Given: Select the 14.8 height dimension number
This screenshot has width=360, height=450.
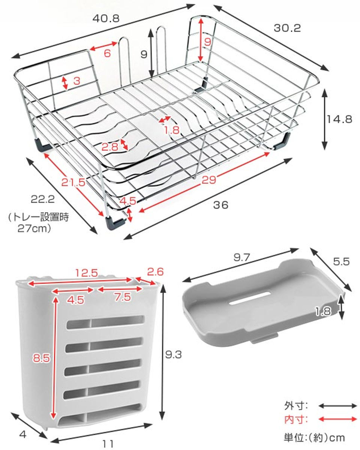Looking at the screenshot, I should (339, 119).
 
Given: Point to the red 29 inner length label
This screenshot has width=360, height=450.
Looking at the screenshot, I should (208, 180).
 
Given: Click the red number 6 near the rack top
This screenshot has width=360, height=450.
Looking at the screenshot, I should (107, 53).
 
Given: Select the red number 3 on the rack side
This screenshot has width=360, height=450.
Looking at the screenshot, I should (76, 81).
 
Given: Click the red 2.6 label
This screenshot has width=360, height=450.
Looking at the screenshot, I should (154, 271).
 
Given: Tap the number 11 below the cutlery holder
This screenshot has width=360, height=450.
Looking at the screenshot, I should (108, 444).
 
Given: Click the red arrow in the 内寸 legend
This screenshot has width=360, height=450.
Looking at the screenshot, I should (337, 418).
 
